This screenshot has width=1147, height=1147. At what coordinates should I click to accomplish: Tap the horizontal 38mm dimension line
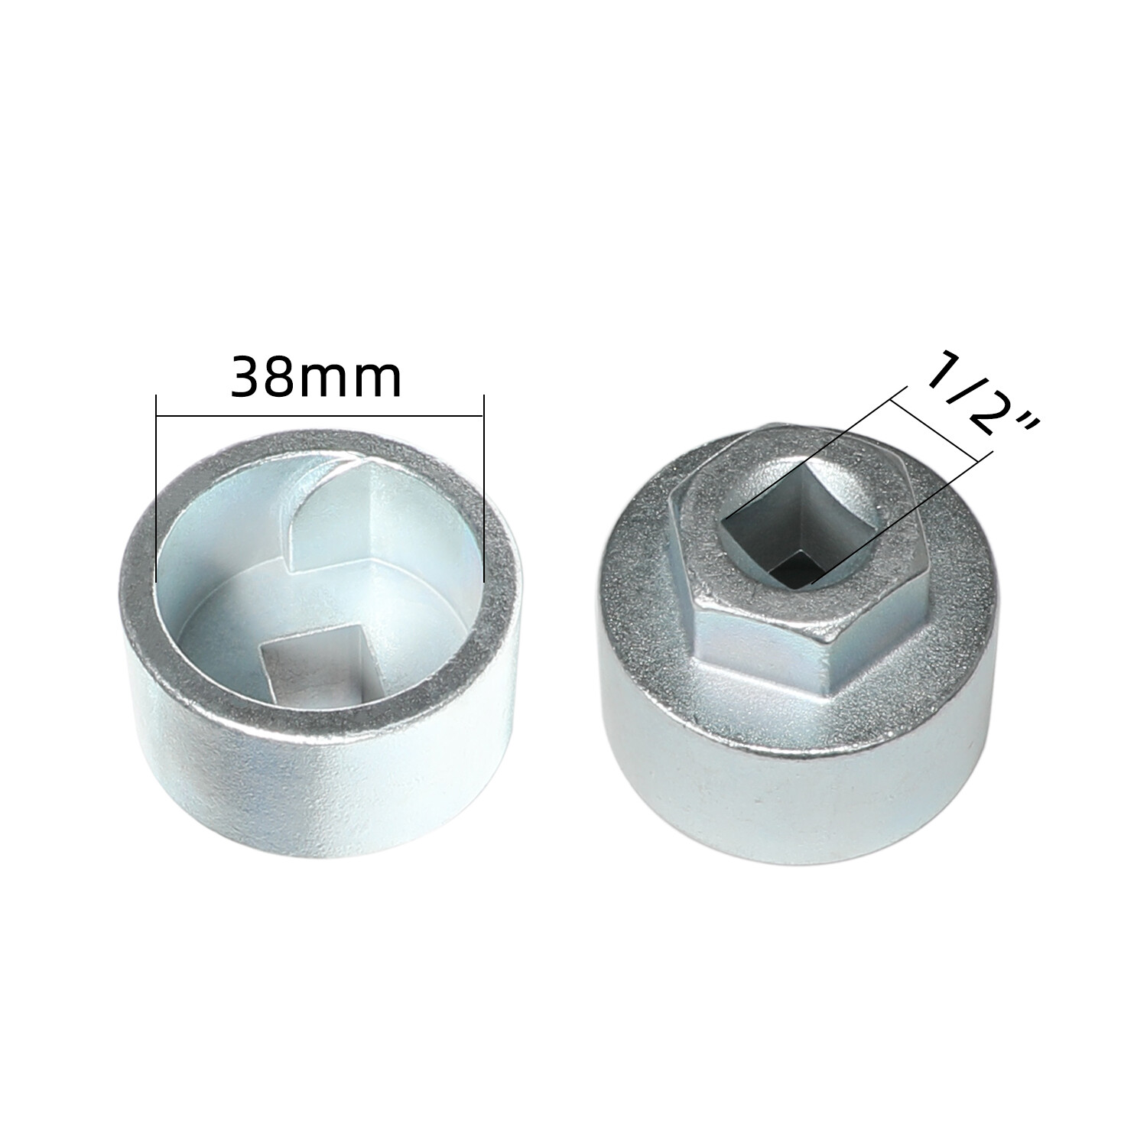320,416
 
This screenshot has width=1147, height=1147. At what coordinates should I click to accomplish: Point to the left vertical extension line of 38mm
156,488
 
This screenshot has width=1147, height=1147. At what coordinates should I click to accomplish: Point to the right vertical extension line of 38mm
484,488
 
